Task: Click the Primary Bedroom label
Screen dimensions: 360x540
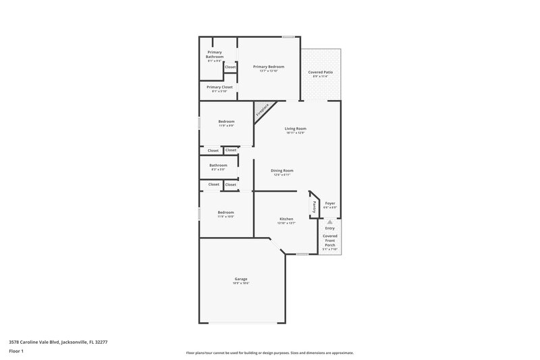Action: tap(269, 67)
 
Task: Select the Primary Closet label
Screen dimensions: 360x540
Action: tap(219, 87)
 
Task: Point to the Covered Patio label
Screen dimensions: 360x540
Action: tap(321, 72)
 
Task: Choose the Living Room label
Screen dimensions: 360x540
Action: tap(295, 128)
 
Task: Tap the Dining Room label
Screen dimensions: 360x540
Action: tap(281, 171)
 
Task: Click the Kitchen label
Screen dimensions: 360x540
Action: tap(287, 219)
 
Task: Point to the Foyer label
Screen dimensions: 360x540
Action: tap(330, 203)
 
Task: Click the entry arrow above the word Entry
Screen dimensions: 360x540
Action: tap(329, 222)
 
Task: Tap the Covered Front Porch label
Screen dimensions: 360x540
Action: tap(329, 240)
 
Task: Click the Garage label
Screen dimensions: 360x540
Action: tap(241, 279)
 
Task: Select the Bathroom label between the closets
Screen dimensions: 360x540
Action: tap(218, 165)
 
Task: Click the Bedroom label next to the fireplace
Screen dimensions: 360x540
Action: tap(226, 122)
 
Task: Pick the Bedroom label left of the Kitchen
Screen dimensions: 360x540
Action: tap(225, 213)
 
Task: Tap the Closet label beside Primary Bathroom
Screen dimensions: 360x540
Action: tap(230, 67)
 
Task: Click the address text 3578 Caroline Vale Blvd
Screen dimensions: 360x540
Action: tap(58, 342)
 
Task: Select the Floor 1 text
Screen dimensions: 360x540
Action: tap(16, 352)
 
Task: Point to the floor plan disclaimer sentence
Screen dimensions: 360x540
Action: tap(270, 353)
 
